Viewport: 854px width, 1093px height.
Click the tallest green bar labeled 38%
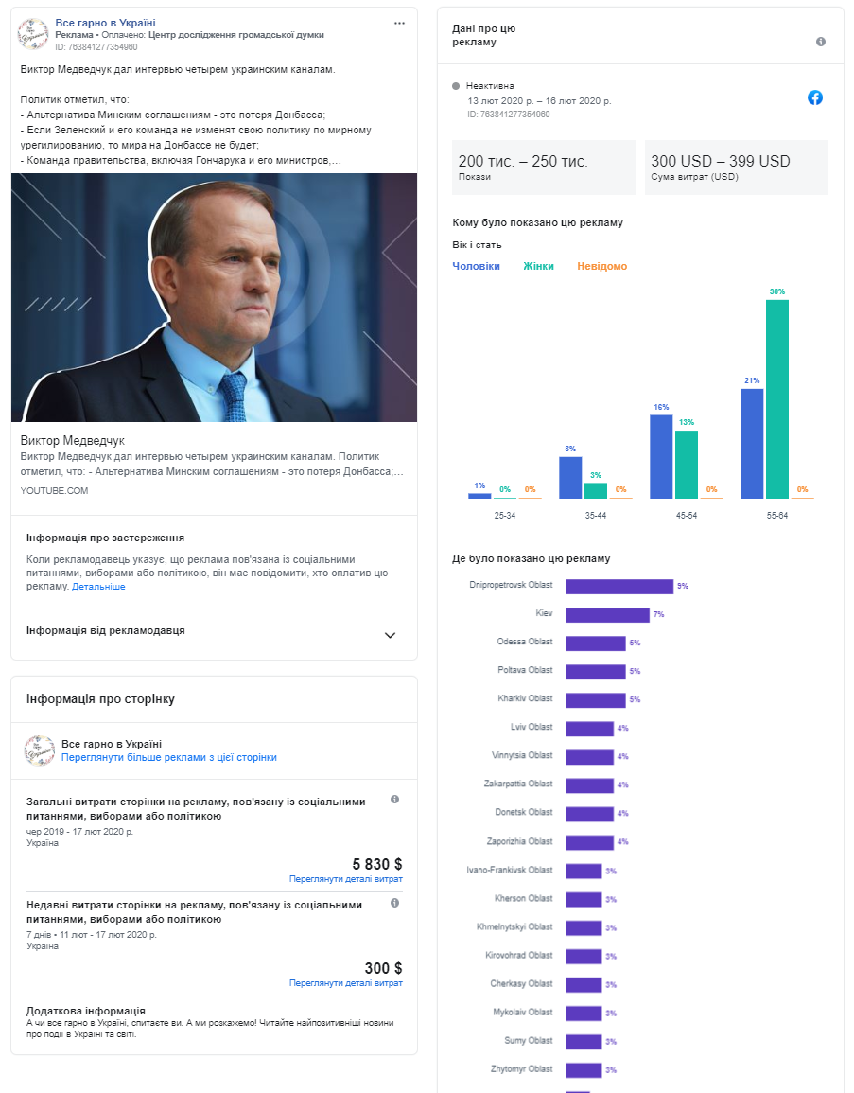(x=776, y=398)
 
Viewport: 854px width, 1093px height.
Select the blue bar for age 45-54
(x=661, y=456)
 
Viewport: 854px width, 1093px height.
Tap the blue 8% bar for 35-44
(x=569, y=478)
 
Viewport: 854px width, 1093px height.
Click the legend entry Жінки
(x=538, y=266)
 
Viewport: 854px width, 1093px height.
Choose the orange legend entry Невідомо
(x=601, y=266)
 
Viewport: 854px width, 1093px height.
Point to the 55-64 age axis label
(x=776, y=515)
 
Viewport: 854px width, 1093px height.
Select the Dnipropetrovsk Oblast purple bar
(x=619, y=586)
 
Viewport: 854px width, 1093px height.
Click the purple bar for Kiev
(x=607, y=615)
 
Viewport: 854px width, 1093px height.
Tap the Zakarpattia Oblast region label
(x=518, y=784)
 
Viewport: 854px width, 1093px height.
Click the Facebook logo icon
(x=815, y=97)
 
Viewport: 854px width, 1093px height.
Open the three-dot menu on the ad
(x=399, y=23)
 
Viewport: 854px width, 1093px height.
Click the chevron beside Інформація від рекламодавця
(x=390, y=635)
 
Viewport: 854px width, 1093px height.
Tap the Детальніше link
(x=98, y=586)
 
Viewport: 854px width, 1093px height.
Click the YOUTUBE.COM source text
(x=54, y=491)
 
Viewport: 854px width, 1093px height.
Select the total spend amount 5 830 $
(x=376, y=864)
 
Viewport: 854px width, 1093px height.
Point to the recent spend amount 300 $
(x=383, y=968)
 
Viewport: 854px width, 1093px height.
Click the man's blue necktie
(x=234, y=397)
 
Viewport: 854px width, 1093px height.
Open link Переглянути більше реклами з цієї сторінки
(x=169, y=757)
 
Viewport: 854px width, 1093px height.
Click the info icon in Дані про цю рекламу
(x=821, y=42)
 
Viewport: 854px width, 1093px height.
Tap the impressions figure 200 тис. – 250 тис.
(x=523, y=161)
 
